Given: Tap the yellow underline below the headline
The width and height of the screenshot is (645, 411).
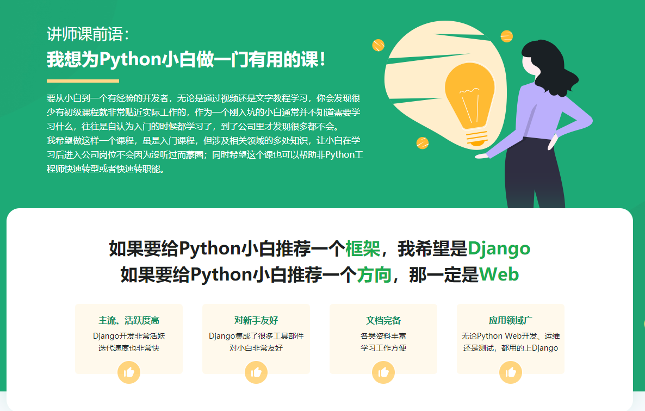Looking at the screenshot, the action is point(83,81).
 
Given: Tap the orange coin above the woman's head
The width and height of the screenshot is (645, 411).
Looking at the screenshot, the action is point(506,36).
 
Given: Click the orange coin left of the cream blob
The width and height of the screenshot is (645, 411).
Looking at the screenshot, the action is point(378,45).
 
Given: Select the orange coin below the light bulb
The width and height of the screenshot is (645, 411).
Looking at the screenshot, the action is point(423,143).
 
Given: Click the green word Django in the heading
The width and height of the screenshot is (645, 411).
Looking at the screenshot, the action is point(499,248).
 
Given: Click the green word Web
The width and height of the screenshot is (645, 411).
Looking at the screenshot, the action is point(499,275).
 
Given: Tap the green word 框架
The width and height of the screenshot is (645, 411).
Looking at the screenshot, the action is point(362,248).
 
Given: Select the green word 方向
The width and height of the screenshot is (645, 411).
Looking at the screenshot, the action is point(374,275).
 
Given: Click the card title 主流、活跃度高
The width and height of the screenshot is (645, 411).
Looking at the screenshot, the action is point(129,320).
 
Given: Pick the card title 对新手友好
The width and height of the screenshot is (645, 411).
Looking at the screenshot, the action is point(256,320).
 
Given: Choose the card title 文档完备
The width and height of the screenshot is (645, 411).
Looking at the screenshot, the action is point(383,320).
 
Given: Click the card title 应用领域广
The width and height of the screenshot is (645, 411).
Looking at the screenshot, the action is point(511,320).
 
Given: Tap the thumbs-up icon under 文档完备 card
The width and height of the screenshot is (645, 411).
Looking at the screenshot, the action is point(383,372).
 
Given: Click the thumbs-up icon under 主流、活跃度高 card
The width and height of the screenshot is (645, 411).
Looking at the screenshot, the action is point(129,372).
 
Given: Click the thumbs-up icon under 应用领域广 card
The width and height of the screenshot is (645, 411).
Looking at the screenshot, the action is point(511,372).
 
